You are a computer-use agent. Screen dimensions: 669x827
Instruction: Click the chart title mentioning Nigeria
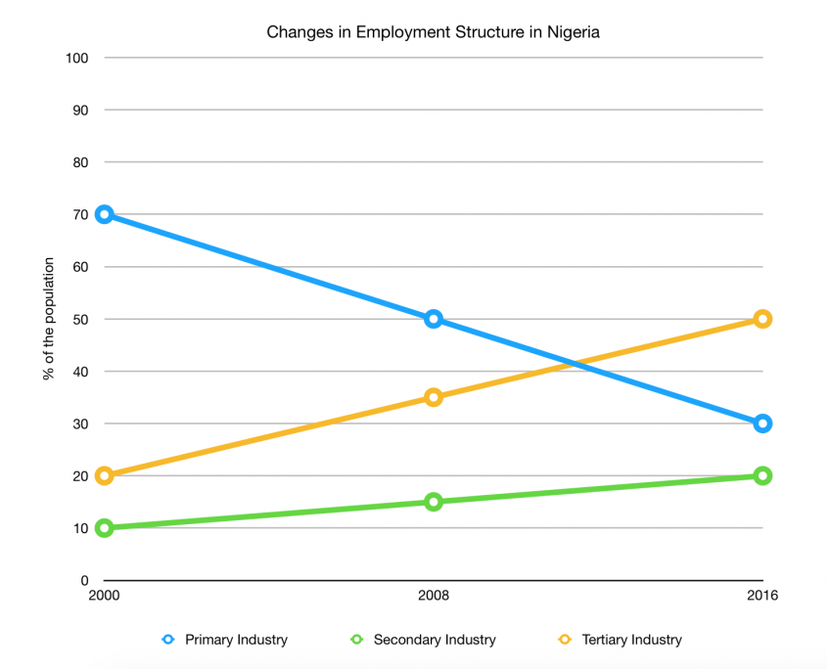click(433, 32)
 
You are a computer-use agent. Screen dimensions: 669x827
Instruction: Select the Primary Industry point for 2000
click(105, 214)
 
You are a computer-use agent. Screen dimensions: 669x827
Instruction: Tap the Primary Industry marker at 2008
click(434, 319)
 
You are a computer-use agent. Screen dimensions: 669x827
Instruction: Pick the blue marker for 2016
click(762, 424)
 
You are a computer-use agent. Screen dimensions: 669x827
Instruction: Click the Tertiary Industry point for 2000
click(105, 476)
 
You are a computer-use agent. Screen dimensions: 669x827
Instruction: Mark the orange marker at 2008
click(434, 397)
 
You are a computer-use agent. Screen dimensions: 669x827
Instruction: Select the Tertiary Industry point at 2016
click(762, 319)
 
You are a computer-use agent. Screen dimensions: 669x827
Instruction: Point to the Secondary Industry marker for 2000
click(105, 528)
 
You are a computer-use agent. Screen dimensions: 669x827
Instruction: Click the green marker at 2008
click(434, 502)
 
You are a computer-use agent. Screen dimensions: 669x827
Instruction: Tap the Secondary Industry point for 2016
click(762, 476)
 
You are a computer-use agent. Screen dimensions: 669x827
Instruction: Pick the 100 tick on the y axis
click(77, 58)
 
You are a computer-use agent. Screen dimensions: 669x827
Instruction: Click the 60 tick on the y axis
click(80, 267)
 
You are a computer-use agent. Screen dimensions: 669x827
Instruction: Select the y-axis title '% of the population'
click(48, 319)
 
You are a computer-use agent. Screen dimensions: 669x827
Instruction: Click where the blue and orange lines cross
click(574, 364)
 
